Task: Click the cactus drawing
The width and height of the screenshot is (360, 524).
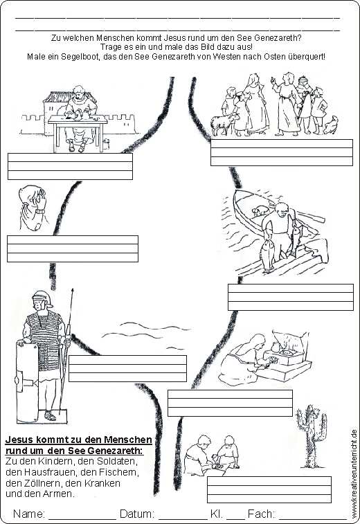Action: (309, 436)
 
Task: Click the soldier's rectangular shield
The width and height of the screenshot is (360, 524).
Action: (28, 383)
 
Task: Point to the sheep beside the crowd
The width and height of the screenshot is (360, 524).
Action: (222, 125)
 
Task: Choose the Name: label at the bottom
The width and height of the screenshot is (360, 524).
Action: (29, 514)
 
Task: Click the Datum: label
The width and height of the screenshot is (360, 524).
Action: (137, 514)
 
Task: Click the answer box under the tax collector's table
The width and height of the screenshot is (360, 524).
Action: (70, 166)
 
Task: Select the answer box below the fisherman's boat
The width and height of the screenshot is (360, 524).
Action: (291, 297)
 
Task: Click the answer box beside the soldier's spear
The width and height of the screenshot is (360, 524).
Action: (127, 368)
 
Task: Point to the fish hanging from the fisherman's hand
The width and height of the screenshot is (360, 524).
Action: (267, 255)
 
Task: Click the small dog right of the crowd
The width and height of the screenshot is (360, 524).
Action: (331, 125)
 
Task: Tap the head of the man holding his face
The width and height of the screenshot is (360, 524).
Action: (32, 197)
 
